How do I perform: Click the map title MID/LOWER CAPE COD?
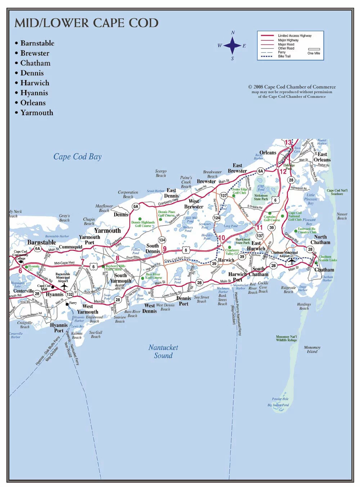(86, 23)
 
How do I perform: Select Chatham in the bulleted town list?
(35, 63)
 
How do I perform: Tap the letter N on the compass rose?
(233, 33)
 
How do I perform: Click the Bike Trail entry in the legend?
(284, 56)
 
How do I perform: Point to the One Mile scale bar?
(314, 49)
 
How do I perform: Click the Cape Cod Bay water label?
(77, 156)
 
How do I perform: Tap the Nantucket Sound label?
(163, 351)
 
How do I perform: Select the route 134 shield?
(162, 240)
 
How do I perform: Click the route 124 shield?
(217, 218)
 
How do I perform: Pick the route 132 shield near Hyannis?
(69, 294)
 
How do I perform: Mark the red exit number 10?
(222, 238)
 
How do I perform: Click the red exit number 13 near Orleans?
(288, 142)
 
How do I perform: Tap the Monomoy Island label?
(312, 350)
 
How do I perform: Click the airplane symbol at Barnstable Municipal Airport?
(64, 286)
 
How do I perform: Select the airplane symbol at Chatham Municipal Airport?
(292, 261)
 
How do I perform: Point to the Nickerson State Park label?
(261, 197)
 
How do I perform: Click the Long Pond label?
(231, 226)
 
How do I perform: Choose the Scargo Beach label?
(161, 173)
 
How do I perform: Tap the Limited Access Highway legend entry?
(294, 36)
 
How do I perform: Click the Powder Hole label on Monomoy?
(280, 399)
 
